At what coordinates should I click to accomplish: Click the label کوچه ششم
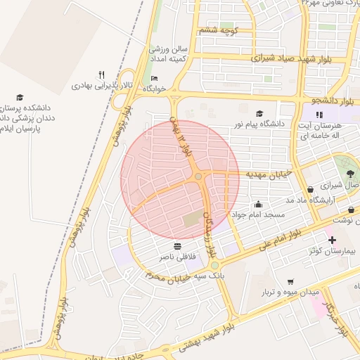219,30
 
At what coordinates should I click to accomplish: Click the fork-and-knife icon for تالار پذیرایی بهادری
102,75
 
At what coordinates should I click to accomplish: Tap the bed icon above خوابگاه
154,78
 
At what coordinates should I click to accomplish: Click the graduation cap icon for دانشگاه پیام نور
259,113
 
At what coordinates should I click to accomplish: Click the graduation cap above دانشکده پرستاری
20,98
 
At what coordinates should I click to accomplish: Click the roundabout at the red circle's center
199,176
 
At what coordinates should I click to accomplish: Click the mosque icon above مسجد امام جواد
258,204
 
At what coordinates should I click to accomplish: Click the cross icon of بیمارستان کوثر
332,240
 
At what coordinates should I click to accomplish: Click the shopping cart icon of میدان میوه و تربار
290,281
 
